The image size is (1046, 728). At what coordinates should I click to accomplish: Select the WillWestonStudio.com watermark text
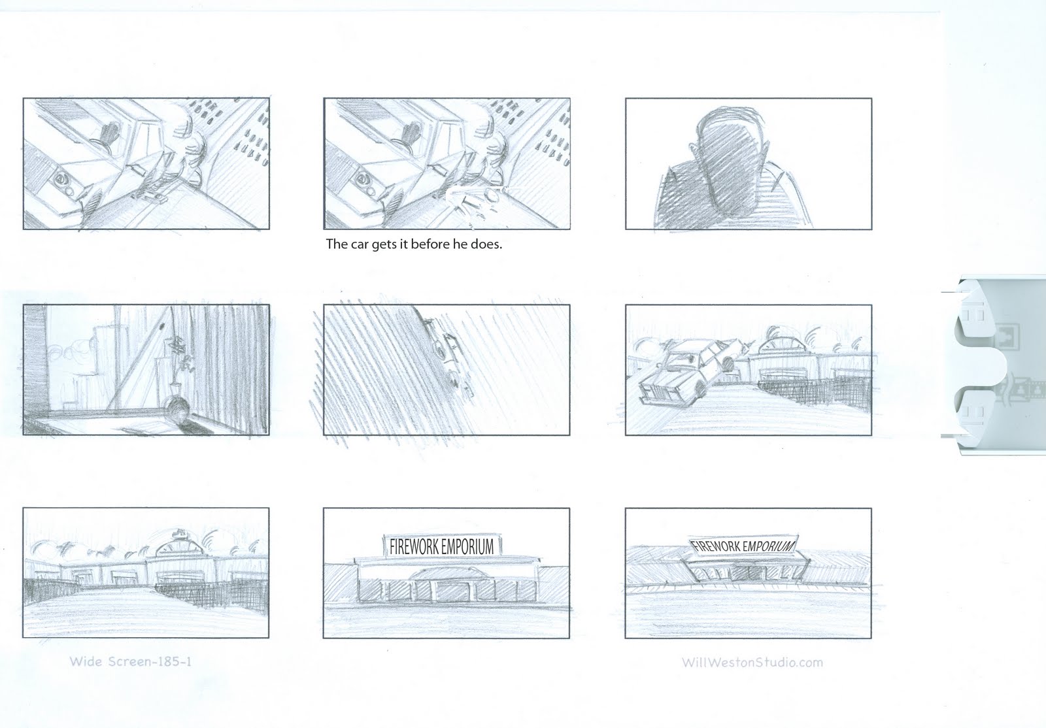[752, 662]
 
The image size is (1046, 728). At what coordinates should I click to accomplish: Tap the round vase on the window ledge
[178, 410]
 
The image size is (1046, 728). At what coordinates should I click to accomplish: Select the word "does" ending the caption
[486, 245]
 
